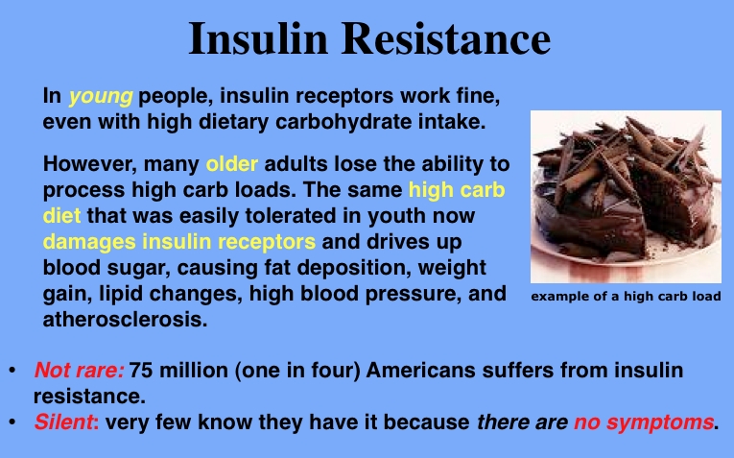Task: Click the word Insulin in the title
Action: (258, 38)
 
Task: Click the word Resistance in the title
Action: (446, 38)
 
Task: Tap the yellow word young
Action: (101, 96)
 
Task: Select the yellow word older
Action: (232, 164)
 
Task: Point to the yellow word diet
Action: (61, 216)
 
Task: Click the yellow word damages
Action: (89, 243)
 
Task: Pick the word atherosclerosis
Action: (125, 320)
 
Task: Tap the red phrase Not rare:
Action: (79, 370)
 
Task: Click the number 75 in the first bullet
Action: (141, 370)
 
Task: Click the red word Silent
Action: (64, 422)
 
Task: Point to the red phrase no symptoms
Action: (644, 422)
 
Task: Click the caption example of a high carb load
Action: (626, 297)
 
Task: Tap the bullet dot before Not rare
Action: (12, 370)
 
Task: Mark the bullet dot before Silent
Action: (12, 422)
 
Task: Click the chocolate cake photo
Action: (626, 197)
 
